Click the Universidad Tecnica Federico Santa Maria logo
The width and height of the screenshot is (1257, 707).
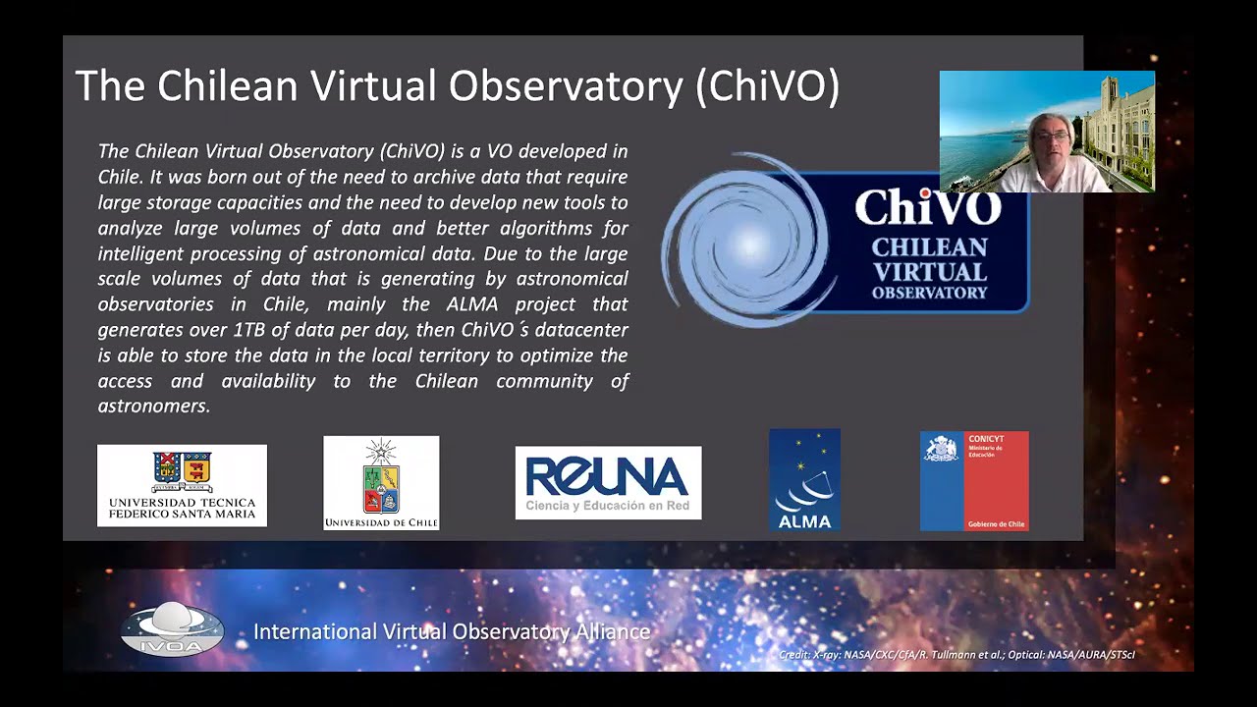pyautogui.click(x=182, y=485)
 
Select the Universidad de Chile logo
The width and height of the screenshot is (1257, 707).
pyautogui.click(x=381, y=483)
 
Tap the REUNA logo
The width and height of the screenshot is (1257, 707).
pyautogui.click(x=608, y=482)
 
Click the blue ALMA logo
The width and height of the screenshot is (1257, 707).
pyautogui.click(x=804, y=479)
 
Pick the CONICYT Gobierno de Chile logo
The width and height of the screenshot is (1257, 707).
pyautogui.click(x=974, y=480)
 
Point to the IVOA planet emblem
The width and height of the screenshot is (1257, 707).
pyautogui.click(x=173, y=628)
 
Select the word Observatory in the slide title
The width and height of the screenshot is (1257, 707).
pyautogui.click(x=574, y=86)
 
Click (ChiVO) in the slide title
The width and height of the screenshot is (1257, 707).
pyautogui.click(x=767, y=86)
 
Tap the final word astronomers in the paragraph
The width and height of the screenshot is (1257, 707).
pyautogui.click(x=154, y=406)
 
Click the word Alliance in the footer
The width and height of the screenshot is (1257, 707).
pyautogui.click(x=612, y=631)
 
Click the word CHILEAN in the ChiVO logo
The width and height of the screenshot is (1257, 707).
pyautogui.click(x=929, y=247)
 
